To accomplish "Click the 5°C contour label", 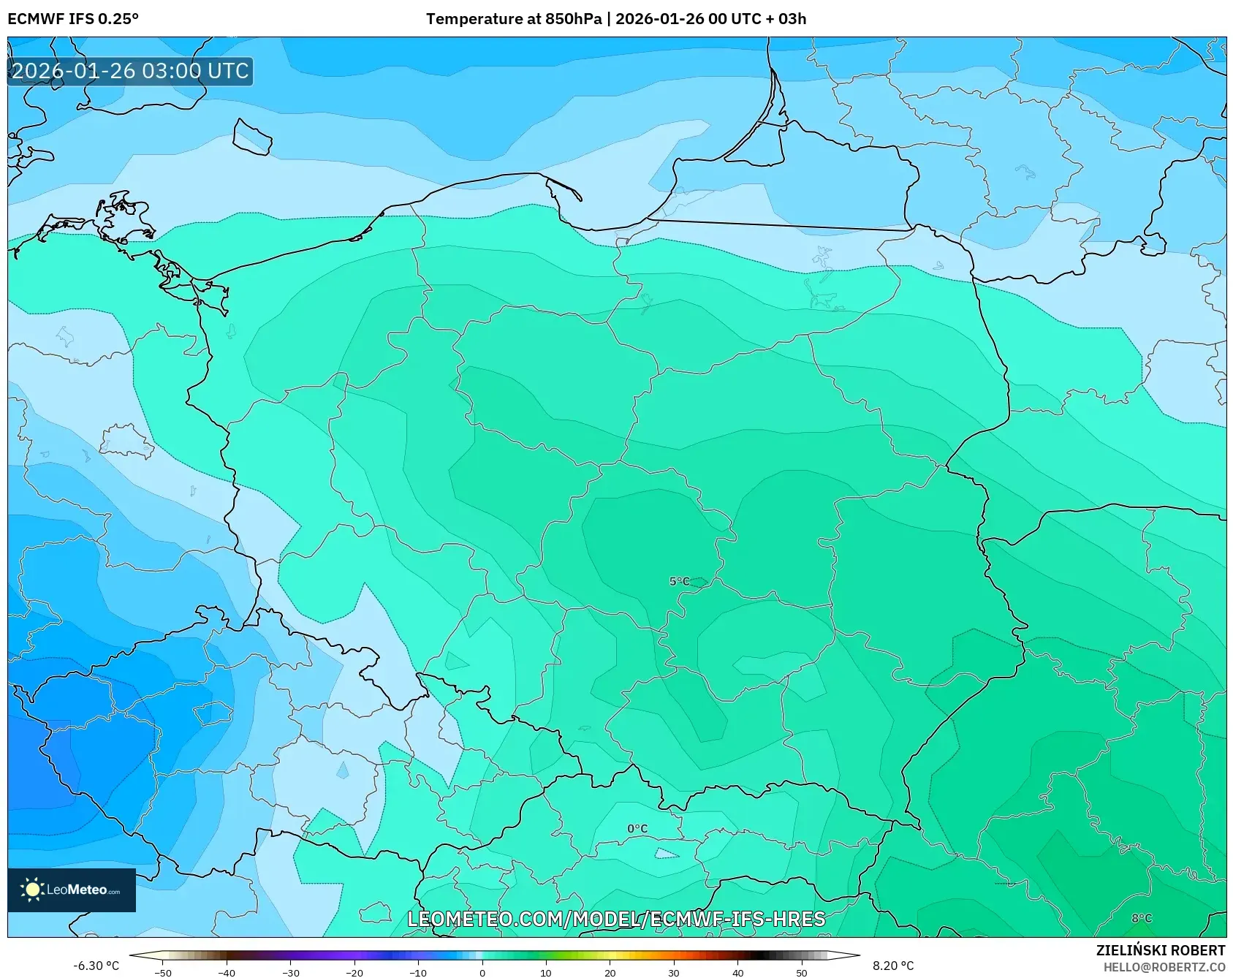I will (x=679, y=581).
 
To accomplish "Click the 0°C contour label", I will (x=637, y=828).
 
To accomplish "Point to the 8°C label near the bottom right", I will (x=1142, y=918).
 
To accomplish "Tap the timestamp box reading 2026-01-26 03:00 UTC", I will (x=130, y=71).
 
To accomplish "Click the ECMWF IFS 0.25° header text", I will (x=73, y=19).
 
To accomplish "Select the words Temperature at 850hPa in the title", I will (x=513, y=19).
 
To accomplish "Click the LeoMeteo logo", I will (x=72, y=890).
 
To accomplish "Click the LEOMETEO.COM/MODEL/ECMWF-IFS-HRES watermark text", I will (x=616, y=919).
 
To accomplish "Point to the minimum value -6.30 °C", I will (x=96, y=966).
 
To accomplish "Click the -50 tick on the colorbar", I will (x=163, y=972).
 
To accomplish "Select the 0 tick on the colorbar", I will (x=482, y=972).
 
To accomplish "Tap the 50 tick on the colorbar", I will (x=802, y=972).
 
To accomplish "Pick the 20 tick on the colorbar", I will (x=610, y=972).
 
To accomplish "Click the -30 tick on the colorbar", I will (x=291, y=972).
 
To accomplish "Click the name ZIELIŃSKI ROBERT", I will (x=1161, y=950).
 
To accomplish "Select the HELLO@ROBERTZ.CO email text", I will (x=1164, y=967).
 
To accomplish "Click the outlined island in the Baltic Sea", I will (x=252, y=137).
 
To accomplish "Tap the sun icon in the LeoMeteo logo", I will (x=32, y=890).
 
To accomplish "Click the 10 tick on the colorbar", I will (x=546, y=972).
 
